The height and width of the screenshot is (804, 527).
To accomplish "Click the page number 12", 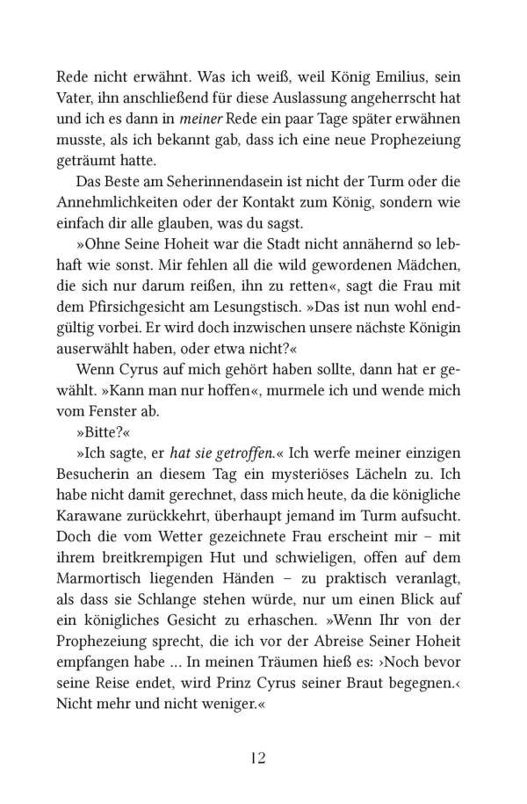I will (263, 757).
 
